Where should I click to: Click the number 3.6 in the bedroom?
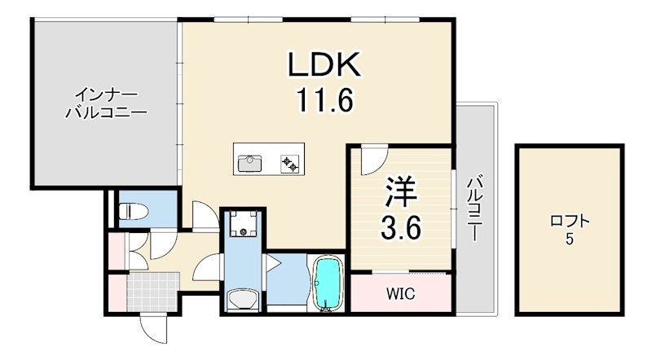(400, 229)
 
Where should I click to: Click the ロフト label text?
(568, 221)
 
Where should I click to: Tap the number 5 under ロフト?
(568, 240)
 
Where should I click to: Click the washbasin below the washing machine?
(243, 300)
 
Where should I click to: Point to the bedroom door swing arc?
(371, 157)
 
